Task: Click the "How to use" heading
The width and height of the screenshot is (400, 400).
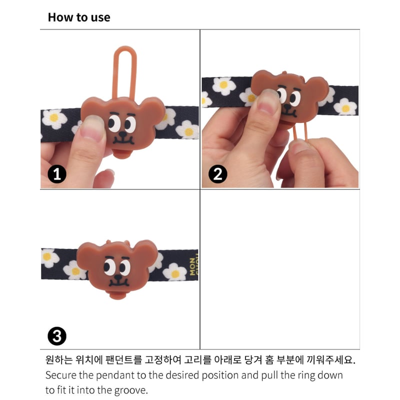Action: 79,17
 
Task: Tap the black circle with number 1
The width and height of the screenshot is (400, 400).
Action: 57,174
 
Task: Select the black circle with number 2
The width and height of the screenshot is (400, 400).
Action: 217,174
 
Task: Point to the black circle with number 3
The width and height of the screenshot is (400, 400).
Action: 57,336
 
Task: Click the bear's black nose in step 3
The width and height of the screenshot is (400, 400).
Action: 118,277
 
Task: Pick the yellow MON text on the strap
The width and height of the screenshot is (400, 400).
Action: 192,266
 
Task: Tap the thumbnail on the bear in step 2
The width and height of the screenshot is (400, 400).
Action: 267,102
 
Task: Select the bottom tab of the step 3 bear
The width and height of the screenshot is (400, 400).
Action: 118,295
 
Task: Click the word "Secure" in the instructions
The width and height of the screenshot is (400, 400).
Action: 60,375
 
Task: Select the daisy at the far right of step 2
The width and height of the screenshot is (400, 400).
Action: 345,106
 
